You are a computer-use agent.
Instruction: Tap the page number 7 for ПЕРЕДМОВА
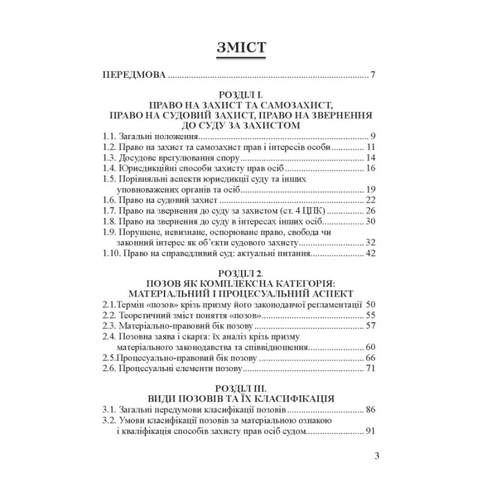pyautogui.click(x=372, y=74)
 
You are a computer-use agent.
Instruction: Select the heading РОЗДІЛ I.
pyautogui.click(x=241, y=96)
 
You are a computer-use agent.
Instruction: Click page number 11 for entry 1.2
pyautogui.click(x=370, y=147)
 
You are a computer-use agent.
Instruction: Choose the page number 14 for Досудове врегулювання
pyautogui.click(x=370, y=158)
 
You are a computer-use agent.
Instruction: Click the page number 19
pyautogui.click(x=370, y=190)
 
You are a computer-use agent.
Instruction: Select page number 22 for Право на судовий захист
pyautogui.click(x=370, y=200)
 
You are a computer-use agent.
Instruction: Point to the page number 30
pyautogui.click(x=370, y=222)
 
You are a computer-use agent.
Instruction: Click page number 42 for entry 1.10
pyautogui.click(x=370, y=254)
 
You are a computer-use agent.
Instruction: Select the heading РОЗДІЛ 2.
pyautogui.click(x=241, y=273)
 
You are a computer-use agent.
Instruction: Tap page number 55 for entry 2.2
pyautogui.click(x=370, y=315)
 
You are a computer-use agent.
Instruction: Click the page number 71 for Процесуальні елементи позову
pyautogui.click(x=370, y=370)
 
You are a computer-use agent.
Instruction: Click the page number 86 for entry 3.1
pyautogui.click(x=370, y=410)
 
